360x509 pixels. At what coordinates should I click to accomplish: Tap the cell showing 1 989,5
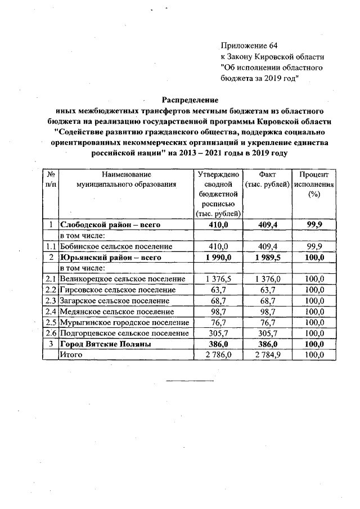(266, 257)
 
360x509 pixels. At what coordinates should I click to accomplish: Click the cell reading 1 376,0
(266, 279)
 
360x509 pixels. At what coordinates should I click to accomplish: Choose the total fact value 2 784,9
(266, 354)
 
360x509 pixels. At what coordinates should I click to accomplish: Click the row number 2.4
(51, 311)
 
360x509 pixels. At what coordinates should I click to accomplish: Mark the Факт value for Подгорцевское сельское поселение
(266, 333)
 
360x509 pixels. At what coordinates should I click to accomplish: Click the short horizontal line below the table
(190, 381)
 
